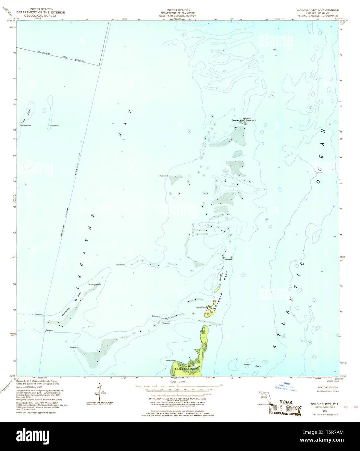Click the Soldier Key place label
pos(237,120)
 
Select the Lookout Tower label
pos(202,307)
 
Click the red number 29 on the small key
pos(214,302)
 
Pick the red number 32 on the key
pos(211,312)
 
